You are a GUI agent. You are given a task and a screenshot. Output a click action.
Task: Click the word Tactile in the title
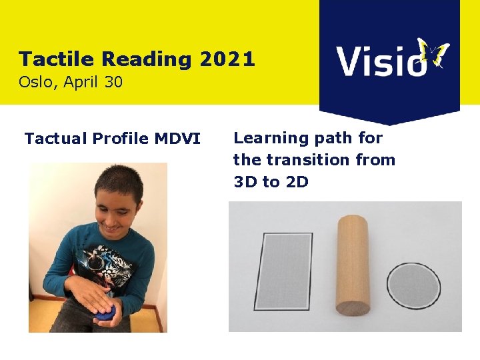coord(55,59)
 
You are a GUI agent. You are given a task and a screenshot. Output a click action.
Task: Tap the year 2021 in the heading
coord(227,59)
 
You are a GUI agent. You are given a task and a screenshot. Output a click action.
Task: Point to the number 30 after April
coord(113,83)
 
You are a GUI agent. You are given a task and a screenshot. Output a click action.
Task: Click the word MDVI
coord(178,139)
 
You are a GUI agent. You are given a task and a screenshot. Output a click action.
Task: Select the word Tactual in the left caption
coord(55,139)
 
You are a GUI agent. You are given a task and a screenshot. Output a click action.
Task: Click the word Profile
coord(121,139)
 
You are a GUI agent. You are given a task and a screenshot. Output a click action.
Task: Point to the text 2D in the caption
coord(297,181)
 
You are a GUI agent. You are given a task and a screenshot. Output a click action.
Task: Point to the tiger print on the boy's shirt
coord(110,267)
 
